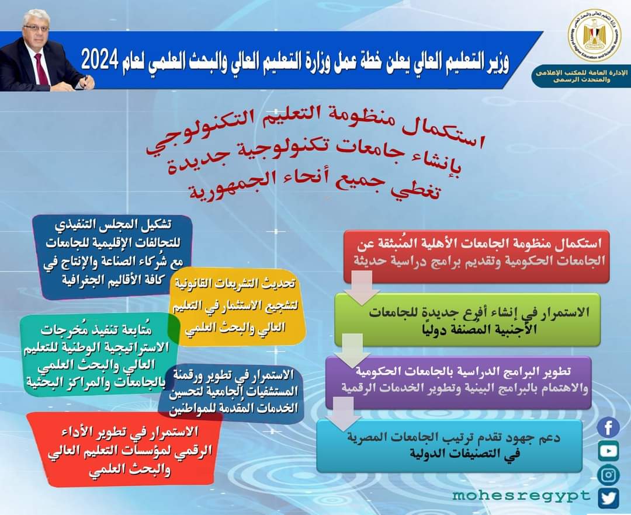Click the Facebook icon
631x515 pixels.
pyautogui.click(x=608, y=428)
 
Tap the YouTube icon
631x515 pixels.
pyautogui.click(x=608, y=450)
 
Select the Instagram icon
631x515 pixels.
pyautogui.click(x=608, y=474)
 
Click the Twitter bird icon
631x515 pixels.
pyautogui.click(x=608, y=497)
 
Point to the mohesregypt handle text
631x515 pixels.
pyautogui.click(x=521, y=496)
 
